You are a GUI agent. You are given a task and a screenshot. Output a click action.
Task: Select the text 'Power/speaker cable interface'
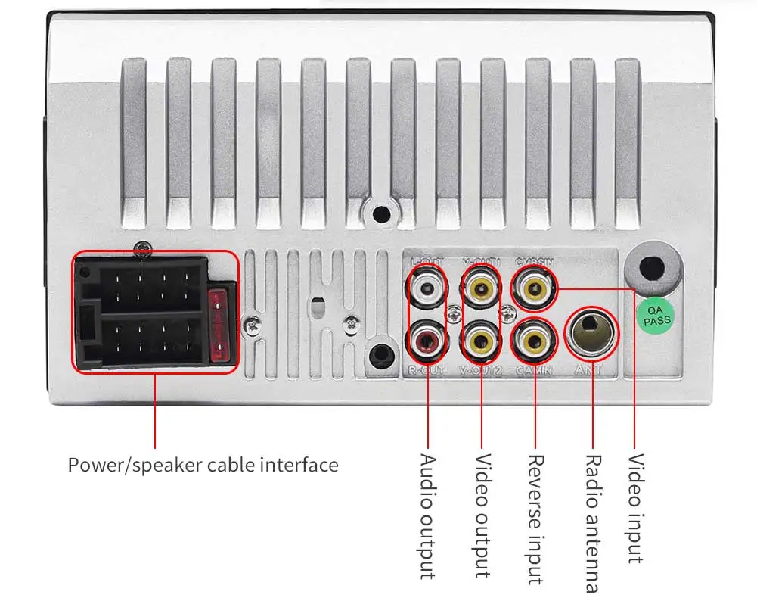(x=203, y=464)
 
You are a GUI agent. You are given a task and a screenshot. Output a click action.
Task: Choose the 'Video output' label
(x=482, y=515)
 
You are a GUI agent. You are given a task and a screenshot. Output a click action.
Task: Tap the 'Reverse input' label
(x=535, y=519)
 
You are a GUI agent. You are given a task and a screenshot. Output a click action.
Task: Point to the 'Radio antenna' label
(x=593, y=522)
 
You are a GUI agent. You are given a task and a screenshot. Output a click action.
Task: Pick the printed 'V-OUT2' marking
(x=481, y=370)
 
